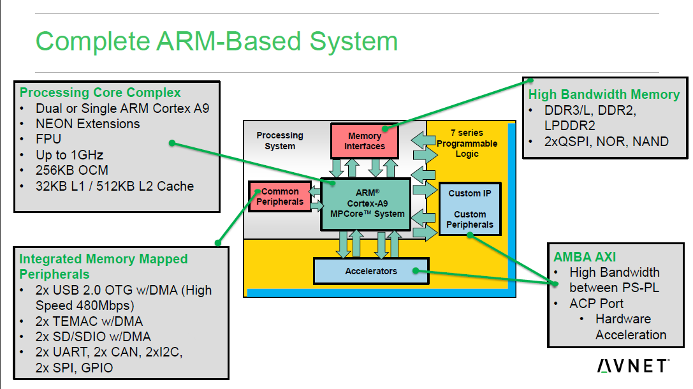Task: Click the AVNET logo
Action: tap(632, 365)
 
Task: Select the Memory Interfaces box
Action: tap(365, 141)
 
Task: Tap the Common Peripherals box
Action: tap(280, 196)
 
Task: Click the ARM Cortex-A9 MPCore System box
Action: tap(365, 203)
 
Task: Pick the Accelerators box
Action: tap(370, 271)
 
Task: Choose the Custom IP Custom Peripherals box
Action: tap(470, 209)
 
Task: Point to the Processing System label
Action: tap(280, 140)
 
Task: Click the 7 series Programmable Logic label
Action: tap(467, 143)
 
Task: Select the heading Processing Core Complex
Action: tap(100, 92)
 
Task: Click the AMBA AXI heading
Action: tap(585, 256)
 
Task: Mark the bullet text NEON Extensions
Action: tap(87, 124)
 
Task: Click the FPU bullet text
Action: tap(48, 140)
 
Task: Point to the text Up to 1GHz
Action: tap(69, 155)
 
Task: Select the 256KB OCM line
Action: tap(72, 170)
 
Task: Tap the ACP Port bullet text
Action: tap(596, 303)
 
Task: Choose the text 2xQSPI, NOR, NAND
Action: tap(606, 142)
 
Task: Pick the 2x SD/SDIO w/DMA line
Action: tap(93, 336)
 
